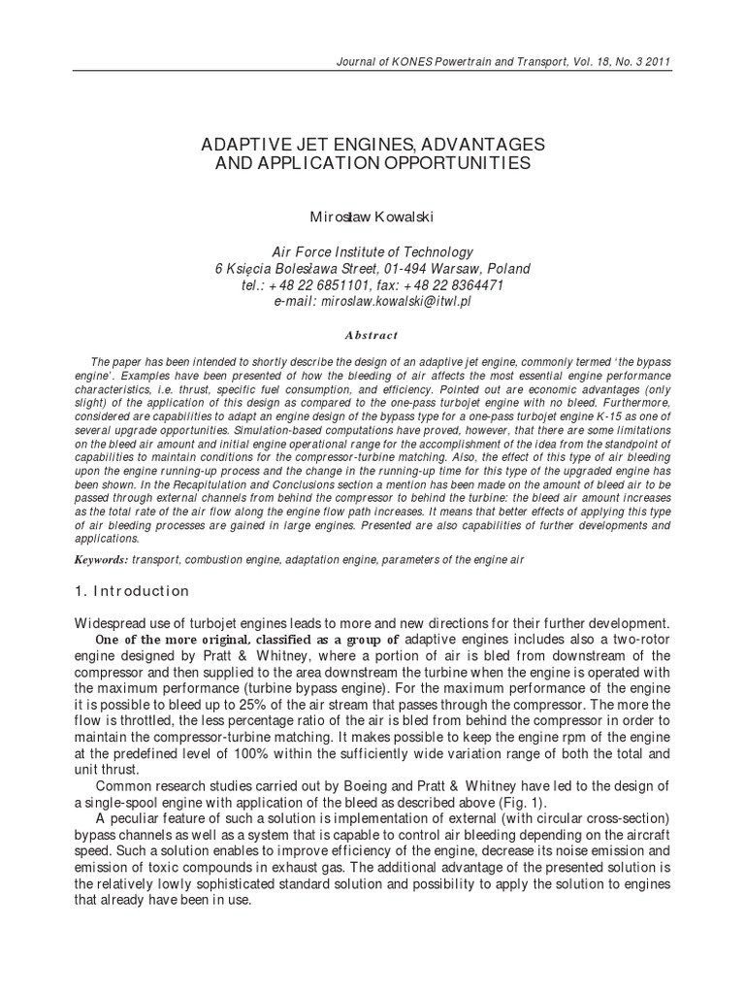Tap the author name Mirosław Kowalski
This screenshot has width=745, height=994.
372,212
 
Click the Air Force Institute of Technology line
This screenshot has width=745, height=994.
372,250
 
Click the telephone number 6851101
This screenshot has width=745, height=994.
335,285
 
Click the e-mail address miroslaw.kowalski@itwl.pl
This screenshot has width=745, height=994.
397,302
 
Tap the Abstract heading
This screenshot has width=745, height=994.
372,335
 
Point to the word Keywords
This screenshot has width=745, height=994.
100,560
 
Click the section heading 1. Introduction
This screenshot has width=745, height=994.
132,591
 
